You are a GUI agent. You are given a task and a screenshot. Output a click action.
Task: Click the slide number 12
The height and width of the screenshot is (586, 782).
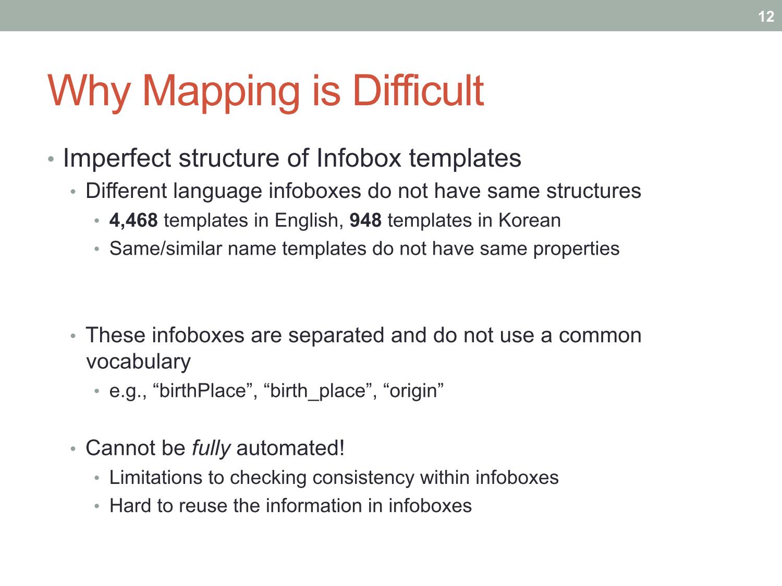pos(766,17)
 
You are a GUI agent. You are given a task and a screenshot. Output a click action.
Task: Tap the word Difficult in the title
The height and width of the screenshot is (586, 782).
pos(418,90)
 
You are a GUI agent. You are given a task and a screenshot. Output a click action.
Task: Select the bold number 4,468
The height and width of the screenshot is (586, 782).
pos(133,220)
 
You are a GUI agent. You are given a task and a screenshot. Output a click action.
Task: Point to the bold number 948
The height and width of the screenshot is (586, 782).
pos(365,220)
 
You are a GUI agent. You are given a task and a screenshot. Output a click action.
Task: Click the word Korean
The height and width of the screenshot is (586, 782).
pos(529,220)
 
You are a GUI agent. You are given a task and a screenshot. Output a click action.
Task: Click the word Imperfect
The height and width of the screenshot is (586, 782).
pos(117,158)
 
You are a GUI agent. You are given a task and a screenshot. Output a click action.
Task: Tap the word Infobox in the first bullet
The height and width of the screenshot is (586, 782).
pos(359,158)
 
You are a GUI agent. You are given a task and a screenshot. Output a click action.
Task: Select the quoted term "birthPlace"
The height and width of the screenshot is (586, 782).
pos(203,391)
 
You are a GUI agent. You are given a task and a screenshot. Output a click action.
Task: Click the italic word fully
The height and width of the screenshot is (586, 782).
pos(211,448)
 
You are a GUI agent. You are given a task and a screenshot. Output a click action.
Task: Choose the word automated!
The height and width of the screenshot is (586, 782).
pos(290,447)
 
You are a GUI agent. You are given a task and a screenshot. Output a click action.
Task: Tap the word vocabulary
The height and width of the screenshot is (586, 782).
pos(138,362)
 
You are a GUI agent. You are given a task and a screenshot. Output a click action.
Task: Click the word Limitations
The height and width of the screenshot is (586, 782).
pos(156,477)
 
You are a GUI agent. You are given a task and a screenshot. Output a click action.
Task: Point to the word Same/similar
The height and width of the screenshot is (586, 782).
pos(166,248)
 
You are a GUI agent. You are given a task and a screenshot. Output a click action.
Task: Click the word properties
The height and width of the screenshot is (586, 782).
pos(576,249)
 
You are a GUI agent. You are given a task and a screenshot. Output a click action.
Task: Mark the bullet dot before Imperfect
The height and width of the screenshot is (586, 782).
pos(51,159)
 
